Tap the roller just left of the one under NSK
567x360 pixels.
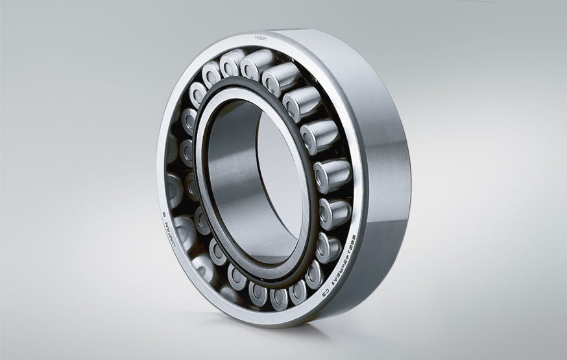click(x=231, y=63)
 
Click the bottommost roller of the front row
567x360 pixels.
click(x=280, y=297)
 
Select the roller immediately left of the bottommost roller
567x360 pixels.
click(x=259, y=293)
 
